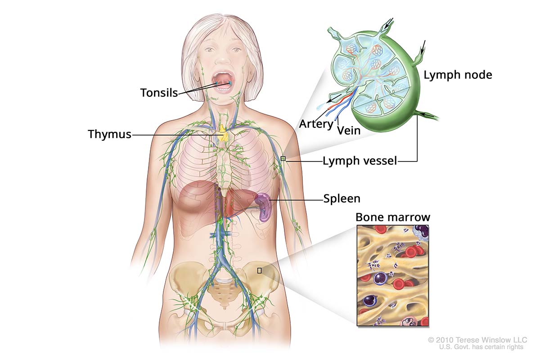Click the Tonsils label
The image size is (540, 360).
[158, 93]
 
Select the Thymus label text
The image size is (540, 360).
[109, 134]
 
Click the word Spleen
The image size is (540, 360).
[342, 198]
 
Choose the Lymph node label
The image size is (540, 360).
[458, 75]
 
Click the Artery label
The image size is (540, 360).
[316, 123]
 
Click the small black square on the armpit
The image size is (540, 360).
[283, 158]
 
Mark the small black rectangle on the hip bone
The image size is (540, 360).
[259, 270]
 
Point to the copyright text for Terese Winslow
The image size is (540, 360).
[477, 340]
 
